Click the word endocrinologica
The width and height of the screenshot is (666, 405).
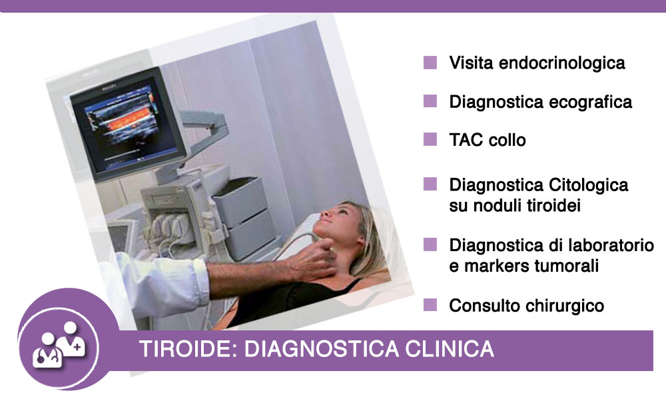pyautogui.click(x=561, y=63)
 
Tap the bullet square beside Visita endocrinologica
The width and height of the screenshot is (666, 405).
pyautogui.click(x=430, y=62)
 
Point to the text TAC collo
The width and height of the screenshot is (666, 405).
pyautogui.click(x=488, y=140)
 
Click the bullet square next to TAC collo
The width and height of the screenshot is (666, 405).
pyautogui.click(x=430, y=139)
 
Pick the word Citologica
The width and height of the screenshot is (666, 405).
pyautogui.click(x=588, y=185)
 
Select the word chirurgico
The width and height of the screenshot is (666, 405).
pyautogui.click(x=565, y=306)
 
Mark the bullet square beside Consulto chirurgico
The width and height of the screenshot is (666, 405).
pyautogui.click(x=430, y=304)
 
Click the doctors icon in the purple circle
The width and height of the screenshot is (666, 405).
pyautogui.click(x=59, y=344)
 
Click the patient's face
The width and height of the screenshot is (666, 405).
pyautogui.click(x=340, y=221)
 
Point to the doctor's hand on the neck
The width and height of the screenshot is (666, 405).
pyautogui.click(x=314, y=260)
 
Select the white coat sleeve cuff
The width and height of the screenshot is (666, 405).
pyautogui.click(x=198, y=281)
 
